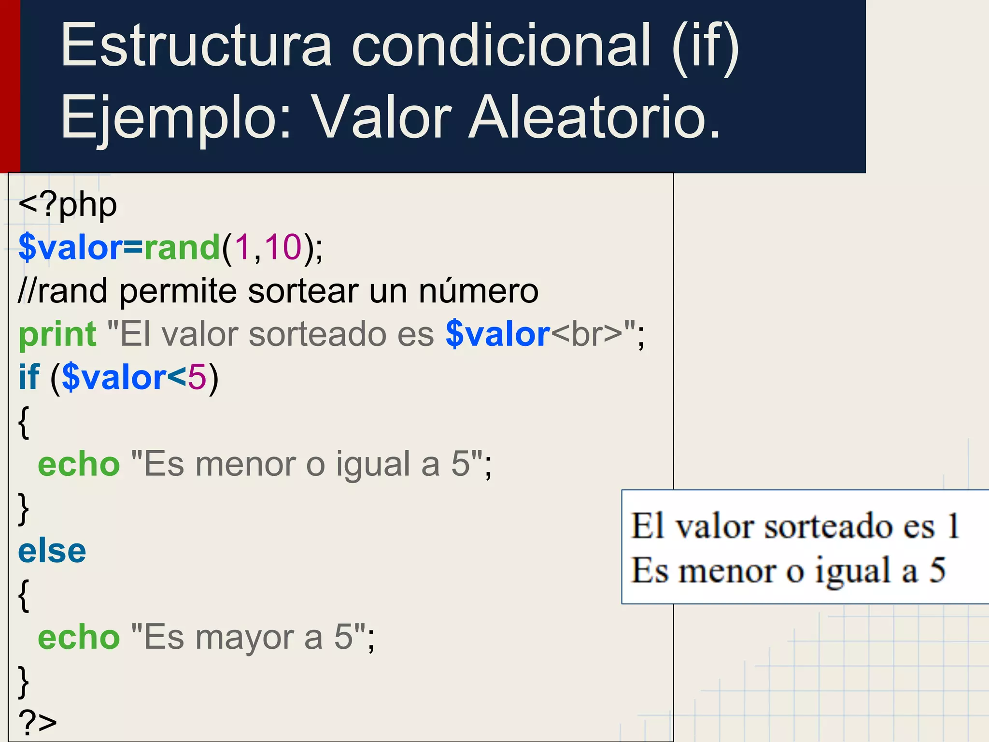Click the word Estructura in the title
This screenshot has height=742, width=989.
196,46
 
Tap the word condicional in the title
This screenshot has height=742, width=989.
501,46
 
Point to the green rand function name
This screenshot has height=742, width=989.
182,247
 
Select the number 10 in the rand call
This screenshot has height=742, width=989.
283,247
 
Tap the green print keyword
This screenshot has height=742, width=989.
57,334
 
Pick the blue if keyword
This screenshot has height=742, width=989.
28,377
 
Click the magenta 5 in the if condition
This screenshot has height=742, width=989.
197,377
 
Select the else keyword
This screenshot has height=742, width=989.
52,551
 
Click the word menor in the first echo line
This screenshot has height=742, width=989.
245,464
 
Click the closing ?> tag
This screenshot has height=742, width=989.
38,723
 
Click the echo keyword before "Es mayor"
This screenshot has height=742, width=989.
79,638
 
